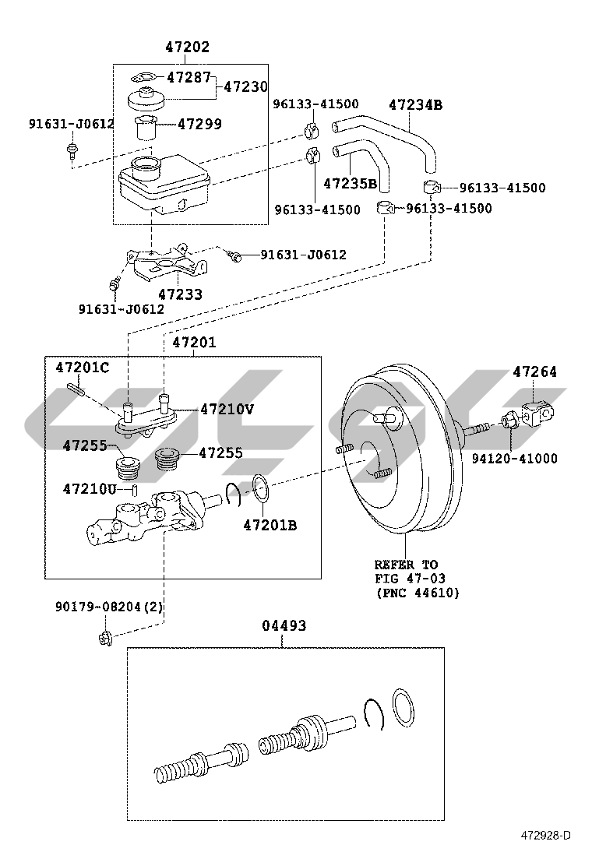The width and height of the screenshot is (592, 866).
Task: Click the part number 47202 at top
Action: (188, 47)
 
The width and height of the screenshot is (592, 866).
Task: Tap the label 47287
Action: (189, 77)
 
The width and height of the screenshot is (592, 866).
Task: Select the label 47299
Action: (200, 124)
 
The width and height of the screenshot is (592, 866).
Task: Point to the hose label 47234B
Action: (416, 104)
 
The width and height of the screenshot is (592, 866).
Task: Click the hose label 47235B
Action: (350, 183)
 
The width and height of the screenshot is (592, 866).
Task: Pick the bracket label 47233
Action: (181, 294)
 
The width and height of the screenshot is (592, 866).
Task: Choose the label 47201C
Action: (83, 368)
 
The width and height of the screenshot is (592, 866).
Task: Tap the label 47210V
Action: (227, 409)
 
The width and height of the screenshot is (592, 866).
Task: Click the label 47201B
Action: (270, 525)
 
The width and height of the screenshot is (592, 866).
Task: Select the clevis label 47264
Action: (534, 371)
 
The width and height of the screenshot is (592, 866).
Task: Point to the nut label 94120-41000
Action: (515, 458)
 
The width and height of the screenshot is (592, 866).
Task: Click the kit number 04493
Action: (284, 626)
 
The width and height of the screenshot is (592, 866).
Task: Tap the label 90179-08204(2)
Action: (109, 607)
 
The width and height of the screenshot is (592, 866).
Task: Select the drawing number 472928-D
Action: (545, 851)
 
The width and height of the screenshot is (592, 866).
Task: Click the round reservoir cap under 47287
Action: (146, 100)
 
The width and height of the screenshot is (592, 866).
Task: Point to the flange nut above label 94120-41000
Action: (508, 421)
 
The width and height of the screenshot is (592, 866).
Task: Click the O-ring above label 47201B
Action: (261, 489)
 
